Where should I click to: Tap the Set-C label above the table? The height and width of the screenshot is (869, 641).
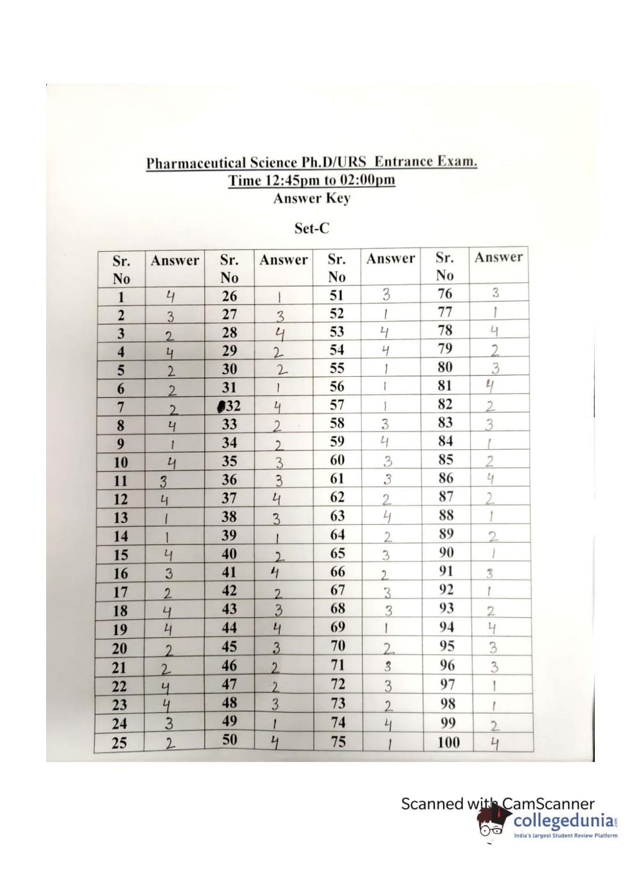pos(312,228)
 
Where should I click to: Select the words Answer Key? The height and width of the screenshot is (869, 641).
pos(312,198)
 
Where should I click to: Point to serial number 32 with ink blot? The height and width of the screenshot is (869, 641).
pos(229,406)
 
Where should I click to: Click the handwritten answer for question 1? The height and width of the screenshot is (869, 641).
pos(170,296)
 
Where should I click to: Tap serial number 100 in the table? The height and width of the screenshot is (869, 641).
pos(448,742)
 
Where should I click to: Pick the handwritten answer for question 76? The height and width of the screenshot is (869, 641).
pos(495,293)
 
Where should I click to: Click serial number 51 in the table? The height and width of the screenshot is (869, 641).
pos(336,295)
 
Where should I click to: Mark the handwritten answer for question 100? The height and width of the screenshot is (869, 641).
pos(494,743)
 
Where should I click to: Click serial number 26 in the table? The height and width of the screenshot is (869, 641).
pos(229,296)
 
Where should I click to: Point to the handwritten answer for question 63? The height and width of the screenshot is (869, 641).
pos(387,517)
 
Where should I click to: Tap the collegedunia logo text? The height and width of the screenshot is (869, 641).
pos(564,820)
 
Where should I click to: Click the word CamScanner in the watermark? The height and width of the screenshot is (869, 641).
pos(548,804)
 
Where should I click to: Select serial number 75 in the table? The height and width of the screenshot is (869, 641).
pos(337,741)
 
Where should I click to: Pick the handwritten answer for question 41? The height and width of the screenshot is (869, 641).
pos(273,572)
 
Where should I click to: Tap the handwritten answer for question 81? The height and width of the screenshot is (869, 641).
pos(491,386)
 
